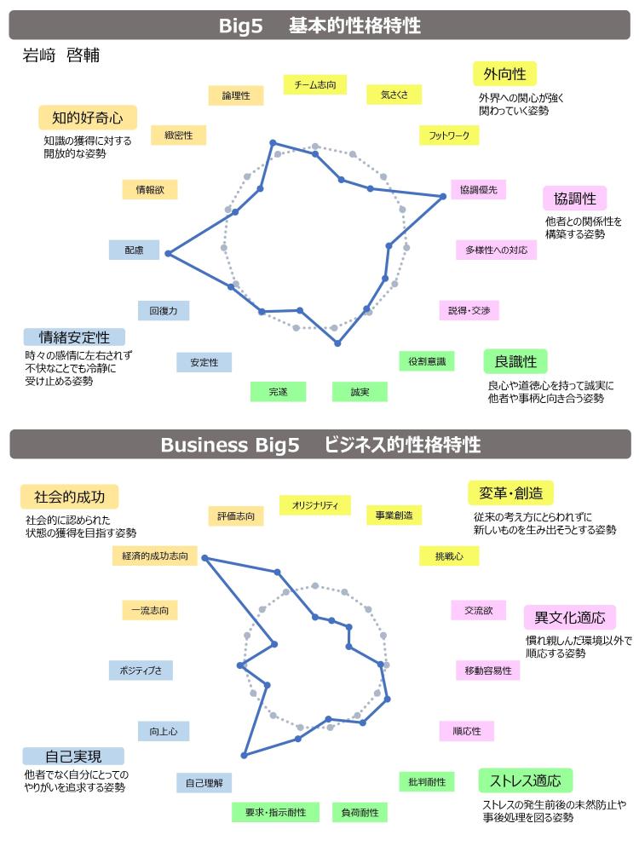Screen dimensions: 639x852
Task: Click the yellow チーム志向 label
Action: pyautogui.click(x=315, y=84)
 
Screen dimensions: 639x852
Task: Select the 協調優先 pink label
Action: pyautogui.click(x=479, y=190)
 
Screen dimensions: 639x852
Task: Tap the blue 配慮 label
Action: pyautogui.click(x=135, y=250)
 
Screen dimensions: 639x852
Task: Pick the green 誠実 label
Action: pyautogui.click(x=360, y=392)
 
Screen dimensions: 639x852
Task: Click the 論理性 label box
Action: pyautogui.click(x=236, y=95)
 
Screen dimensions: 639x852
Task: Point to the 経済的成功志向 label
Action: pyautogui.click(x=155, y=556)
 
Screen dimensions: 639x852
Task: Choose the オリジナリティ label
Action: pyautogui.click(x=315, y=505)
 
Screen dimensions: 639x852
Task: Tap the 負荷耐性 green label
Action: pyautogui.click(x=360, y=812)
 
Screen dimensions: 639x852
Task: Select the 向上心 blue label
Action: pyautogui.click(x=164, y=731)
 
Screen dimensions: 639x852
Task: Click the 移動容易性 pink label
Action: pyautogui.click(x=488, y=671)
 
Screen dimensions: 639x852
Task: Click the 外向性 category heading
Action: pyautogui.click(x=504, y=74)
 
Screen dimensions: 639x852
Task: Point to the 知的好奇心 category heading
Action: pyautogui.click(x=88, y=118)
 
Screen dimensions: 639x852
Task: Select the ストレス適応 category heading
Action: pyautogui.click(x=526, y=780)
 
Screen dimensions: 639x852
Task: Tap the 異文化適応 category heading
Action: pyautogui.click(x=569, y=617)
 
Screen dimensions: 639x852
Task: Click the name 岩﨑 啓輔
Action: pyautogui.click(x=60, y=55)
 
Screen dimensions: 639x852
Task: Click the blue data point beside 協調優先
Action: pyautogui.click(x=443, y=196)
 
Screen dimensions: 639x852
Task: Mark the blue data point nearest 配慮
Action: pyautogui.click(x=169, y=253)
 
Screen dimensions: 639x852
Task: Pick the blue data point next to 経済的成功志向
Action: pyautogui.click(x=204, y=558)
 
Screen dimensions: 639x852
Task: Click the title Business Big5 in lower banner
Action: pyautogui.click(x=230, y=445)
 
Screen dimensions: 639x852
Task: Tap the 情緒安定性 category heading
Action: pyautogui.click(x=74, y=337)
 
